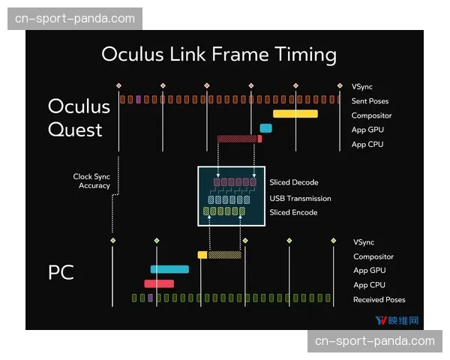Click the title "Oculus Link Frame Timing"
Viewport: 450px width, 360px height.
[219, 54]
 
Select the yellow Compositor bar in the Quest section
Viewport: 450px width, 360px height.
[295, 114]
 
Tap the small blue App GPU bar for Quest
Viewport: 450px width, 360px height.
[265, 128]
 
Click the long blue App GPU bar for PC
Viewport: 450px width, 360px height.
[169, 269]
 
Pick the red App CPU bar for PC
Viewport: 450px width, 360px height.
[159, 283]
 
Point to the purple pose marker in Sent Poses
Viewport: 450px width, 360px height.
[138, 99]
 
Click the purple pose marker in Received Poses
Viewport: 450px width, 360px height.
[150, 298]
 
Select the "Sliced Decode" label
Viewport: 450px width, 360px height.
[294, 182]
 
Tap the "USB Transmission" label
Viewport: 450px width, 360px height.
[300, 198]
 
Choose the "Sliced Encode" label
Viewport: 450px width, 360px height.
[293, 212]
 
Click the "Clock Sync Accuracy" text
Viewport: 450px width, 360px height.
[91, 181]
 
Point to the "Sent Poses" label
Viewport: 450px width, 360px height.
[370, 101]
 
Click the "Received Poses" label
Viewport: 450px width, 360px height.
[379, 300]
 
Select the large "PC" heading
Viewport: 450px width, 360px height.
[61, 272]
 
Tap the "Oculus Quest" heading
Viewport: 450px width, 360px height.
[79, 118]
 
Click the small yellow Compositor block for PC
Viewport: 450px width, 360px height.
[202, 255]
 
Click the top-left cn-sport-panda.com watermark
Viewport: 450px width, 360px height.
[75, 19]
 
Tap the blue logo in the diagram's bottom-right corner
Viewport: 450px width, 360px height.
[397, 320]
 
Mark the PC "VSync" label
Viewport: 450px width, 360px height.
[364, 242]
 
